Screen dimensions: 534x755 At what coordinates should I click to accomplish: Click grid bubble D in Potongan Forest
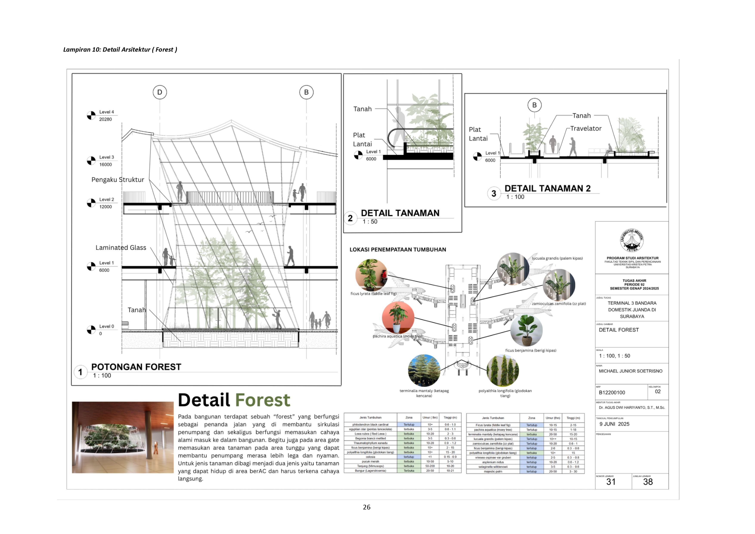pyautogui.click(x=160, y=92)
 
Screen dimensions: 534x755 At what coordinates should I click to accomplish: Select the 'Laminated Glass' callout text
pyautogui.click(x=121, y=248)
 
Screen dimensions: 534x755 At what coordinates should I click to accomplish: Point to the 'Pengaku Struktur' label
pyautogui.click(x=118, y=180)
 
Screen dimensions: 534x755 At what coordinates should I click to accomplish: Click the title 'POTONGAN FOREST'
pyautogui.click(x=136, y=367)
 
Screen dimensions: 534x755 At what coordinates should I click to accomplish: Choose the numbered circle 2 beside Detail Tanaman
pyautogui.click(x=350, y=218)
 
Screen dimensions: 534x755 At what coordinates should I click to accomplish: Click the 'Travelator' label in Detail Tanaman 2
pyautogui.click(x=586, y=128)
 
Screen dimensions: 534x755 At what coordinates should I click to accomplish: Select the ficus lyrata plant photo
pyautogui.click(x=371, y=275)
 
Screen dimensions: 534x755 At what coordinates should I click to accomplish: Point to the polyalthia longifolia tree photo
pyautogui.click(x=503, y=371)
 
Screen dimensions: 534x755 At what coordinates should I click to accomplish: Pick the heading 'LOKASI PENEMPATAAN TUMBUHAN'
pyautogui.click(x=398, y=250)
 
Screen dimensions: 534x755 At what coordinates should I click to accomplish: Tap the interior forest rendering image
pyautogui.click(x=123, y=437)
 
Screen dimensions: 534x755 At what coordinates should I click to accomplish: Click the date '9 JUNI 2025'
pyautogui.click(x=614, y=424)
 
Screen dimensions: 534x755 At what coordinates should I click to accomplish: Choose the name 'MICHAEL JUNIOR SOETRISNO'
pyautogui.click(x=630, y=371)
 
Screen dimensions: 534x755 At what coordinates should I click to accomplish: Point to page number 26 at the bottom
pyautogui.click(x=367, y=507)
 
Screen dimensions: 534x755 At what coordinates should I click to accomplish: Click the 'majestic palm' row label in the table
pyautogui.click(x=493, y=472)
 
